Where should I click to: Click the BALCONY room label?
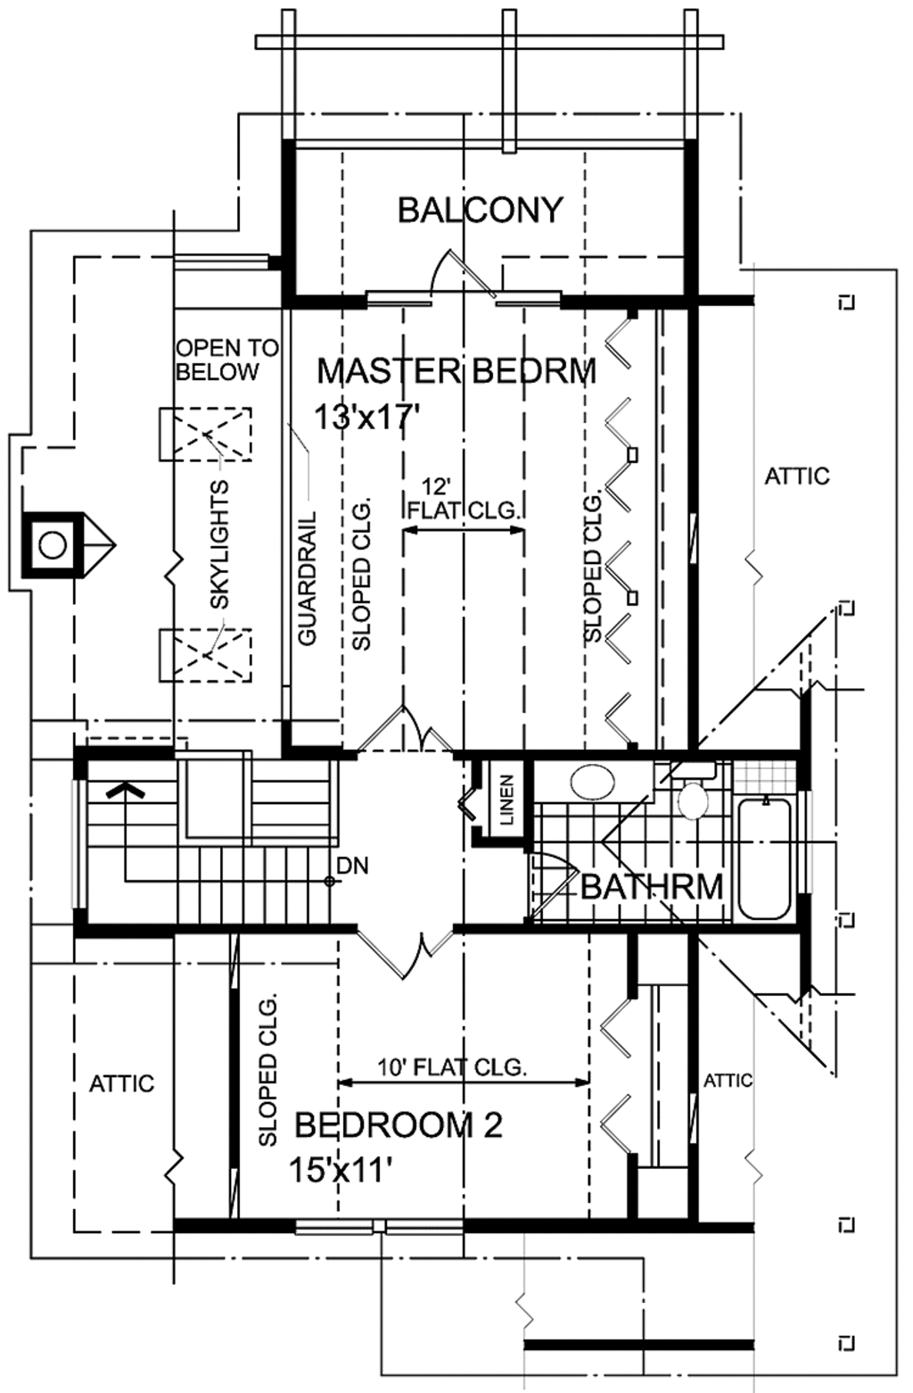point(480,211)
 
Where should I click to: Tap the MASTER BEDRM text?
point(456,370)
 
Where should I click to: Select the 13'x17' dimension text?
point(366,416)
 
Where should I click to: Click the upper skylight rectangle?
point(205,435)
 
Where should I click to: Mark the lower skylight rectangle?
point(205,655)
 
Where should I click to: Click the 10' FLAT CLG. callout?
point(452,1066)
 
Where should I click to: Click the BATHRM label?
point(652,887)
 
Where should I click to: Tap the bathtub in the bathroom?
point(764,857)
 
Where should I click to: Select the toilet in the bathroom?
point(693,797)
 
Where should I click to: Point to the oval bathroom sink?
point(591,783)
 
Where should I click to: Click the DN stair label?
point(353,865)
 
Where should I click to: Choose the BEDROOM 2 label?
point(399,1125)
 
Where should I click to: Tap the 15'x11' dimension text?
point(341,1169)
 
